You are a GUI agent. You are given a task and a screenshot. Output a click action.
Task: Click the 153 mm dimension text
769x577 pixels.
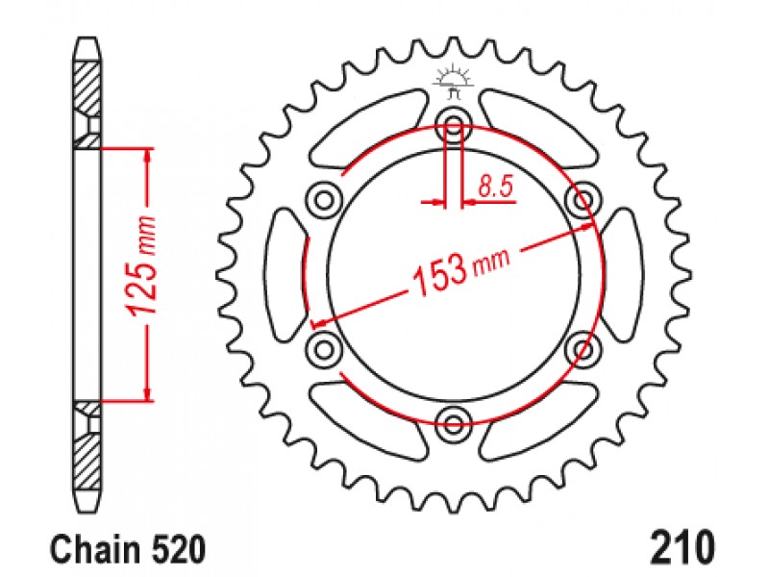tap(462, 272)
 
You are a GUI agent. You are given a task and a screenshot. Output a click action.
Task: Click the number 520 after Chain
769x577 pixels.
tap(178, 549)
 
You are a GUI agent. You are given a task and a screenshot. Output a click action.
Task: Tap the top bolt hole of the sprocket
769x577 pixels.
tap(454, 123)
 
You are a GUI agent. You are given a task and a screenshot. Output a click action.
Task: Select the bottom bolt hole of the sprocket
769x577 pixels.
tap(454, 422)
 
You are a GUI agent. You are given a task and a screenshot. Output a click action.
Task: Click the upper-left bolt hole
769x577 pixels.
tap(324, 199)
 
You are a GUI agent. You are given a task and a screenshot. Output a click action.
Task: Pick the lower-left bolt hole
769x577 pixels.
tap(324, 349)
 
